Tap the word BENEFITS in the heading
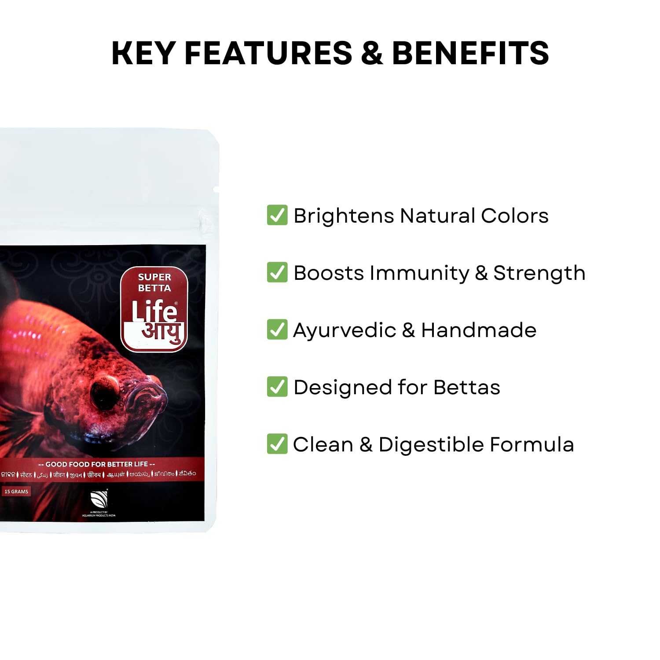tap(470, 53)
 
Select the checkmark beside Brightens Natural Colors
tap(277, 215)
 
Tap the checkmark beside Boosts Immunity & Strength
tap(277, 272)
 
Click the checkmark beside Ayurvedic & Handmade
tap(277, 330)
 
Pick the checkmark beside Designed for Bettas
tap(277, 387)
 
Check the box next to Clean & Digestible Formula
tap(277, 444)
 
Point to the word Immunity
tap(420, 273)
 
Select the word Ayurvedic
tap(345, 330)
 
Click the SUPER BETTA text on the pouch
tap(154, 282)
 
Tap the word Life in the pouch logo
tap(154, 311)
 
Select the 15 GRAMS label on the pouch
tap(16, 491)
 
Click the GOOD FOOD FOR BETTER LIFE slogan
tap(96, 464)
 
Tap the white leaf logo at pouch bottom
tap(99, 499)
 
